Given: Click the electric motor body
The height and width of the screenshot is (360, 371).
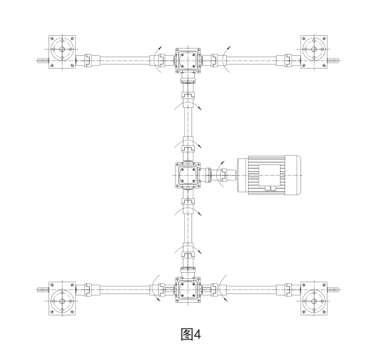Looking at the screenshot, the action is click(x=269, y=175).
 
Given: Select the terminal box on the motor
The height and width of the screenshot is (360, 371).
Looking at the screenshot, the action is click(x=270, y=175).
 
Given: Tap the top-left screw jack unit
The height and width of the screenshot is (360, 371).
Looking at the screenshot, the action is click(x=62, y=52).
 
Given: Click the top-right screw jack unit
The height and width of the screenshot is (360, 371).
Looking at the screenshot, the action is click(x=314, y=52).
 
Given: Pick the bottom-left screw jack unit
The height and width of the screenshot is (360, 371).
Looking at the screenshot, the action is click(x=62, y=298).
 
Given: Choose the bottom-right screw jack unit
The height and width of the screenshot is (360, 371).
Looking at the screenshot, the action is click(x=314, y=298).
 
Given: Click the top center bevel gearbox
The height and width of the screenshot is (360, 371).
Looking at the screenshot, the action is click(x=188, y=61).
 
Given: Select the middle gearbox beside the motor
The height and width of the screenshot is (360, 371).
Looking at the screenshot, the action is click(x=188, y=175).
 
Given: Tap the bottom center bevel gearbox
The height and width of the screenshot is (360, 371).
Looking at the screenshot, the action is click(x=188, y=290).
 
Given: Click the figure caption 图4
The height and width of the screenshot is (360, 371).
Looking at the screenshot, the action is click(x=191, y=335).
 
